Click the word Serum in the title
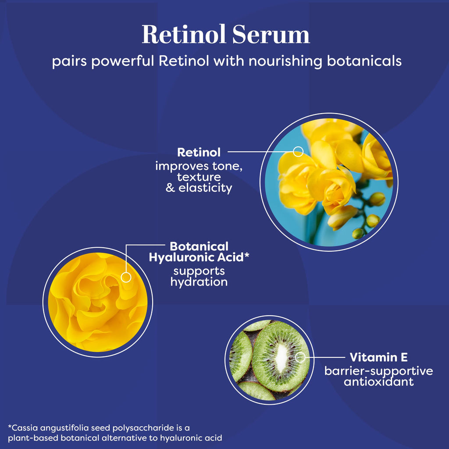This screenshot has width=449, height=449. tap(271, 35)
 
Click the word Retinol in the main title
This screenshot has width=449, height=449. tap(184, 34)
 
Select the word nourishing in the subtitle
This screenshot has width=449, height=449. tap(285, 61)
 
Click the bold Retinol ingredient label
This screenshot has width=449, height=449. tap(199, 152)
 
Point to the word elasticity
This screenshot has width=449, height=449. tap(205, 189)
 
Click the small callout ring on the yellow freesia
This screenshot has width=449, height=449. tap(298, 151)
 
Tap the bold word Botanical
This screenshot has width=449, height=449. tap(199, 246)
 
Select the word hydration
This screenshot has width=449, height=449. tap(199, 282)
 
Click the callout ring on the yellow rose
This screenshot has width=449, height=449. tap(126, 277)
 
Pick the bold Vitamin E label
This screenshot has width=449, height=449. tap(378, 357)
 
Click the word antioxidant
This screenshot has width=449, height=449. tap(379, 381)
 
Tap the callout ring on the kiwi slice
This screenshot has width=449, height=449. tap(300, 357)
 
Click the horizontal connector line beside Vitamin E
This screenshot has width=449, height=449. tap(325, 357)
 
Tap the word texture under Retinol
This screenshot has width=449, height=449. tap(199, 177)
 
